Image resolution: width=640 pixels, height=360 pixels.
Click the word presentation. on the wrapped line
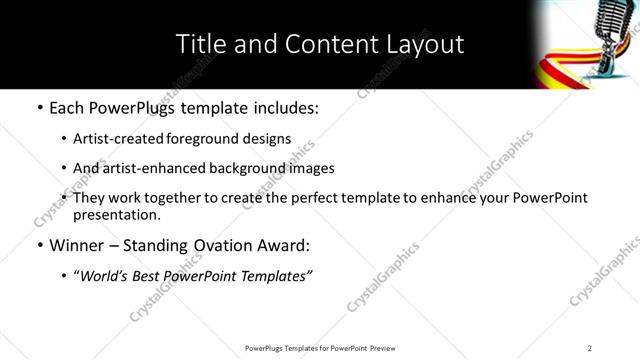(116, 214)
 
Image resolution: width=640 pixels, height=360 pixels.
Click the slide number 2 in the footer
(590, 347)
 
